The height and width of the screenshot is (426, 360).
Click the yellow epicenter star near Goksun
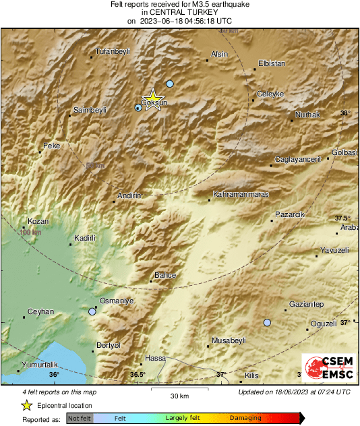point(153,97)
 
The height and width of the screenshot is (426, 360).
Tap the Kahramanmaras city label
point(241,194)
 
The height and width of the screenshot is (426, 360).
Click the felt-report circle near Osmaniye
point(92,311)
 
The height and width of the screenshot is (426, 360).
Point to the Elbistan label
point(272,64)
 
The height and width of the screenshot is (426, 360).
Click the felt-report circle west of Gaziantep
point(267,323)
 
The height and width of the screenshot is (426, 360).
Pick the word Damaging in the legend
point(245,418)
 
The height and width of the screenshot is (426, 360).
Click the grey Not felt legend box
point(79,419)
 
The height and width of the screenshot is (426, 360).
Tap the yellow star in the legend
point(26,405)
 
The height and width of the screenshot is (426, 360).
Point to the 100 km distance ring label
point(31,233)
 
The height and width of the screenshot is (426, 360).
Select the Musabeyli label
point(229,341)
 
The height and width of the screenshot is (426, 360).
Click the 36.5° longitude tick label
point(138,374)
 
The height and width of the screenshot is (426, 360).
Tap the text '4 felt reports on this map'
point(58,392)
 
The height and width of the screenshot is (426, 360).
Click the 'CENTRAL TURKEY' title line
point(179,12)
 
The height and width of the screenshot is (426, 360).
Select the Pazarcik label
point(290,214)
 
